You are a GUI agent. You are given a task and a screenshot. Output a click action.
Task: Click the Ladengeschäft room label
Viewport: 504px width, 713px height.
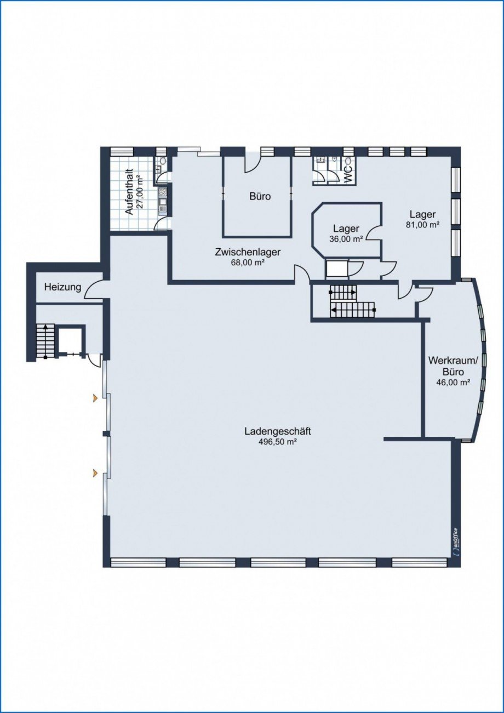click(277, 432)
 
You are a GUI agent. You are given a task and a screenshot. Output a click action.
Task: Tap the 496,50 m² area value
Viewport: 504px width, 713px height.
click(278, 442)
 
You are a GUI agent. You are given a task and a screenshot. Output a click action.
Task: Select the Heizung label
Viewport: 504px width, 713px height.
click(62, 287)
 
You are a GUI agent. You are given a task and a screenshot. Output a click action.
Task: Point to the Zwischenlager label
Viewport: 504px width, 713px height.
click(248, 252)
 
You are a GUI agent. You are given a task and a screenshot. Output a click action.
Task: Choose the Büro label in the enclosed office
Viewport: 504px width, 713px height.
click(260, 196)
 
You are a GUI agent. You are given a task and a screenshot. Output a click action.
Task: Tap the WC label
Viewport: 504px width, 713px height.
click(348, 174)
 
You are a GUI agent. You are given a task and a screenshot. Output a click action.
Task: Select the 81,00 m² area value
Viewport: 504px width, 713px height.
click(422, 224)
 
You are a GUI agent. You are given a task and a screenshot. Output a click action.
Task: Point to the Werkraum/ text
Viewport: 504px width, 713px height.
click(453, 361)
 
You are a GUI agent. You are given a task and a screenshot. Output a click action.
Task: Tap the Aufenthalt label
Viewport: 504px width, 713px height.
click(129, 193)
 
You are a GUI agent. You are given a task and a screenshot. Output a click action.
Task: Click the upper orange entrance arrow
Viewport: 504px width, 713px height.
click(95, 397)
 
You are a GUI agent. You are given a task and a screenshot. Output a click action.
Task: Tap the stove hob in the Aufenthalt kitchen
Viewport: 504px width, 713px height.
click(163, 192)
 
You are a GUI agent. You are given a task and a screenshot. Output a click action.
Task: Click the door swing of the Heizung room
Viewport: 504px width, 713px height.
click(94, 289)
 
